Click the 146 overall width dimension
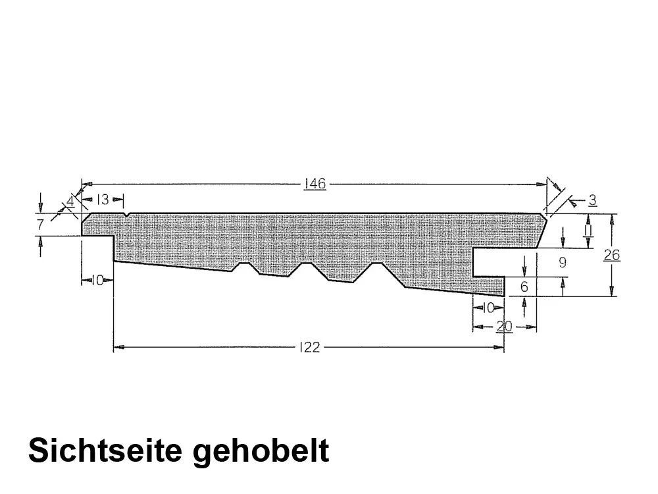tap(315, 184)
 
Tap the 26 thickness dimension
tap(612, 254)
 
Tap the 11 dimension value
tap(588, 231)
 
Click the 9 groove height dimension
tap(563, 262)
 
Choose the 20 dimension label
tap(504, 326)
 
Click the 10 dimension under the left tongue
tap(97, 281)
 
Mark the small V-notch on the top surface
tap(126, 214)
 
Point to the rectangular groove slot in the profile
tap(503, 262)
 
